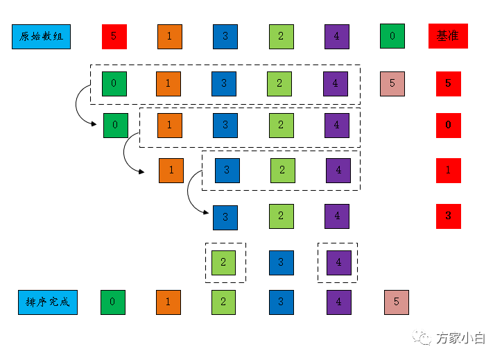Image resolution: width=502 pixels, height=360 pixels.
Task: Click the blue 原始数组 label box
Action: tap(42, 37)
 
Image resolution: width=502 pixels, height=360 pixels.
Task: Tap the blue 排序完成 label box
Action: tap(48, 302)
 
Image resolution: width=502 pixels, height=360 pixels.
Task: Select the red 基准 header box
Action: tap(448, 36)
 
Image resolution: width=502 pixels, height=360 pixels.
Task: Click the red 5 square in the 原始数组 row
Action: tap(114, 37)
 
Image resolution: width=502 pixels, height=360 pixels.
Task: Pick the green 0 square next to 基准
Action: tap(392, 36)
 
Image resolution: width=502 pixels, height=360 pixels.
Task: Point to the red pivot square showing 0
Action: tap(449, 126)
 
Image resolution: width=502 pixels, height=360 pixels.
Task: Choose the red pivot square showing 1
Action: tap(449, 171)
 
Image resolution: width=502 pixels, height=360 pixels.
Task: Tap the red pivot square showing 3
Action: tap(449, 216)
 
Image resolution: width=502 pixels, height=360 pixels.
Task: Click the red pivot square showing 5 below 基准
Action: tap(449, 84)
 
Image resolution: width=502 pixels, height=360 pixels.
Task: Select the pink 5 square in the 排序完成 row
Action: tap(397, 302)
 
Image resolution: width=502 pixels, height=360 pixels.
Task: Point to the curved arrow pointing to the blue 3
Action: tap(188, 192)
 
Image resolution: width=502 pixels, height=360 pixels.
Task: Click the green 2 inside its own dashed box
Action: tap(223, 263)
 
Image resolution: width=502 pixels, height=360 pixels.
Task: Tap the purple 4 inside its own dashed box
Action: tap(339, 263)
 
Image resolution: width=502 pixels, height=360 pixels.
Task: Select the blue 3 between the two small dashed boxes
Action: tap(282, 263)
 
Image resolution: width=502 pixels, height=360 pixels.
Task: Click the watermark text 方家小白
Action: tap(460, 338)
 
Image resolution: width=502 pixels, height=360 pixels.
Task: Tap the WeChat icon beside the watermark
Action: tap(422, 337)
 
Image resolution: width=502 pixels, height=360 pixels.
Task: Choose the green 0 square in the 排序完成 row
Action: tap(113, 302)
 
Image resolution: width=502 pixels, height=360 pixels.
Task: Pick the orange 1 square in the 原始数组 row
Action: tap(170, 37)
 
